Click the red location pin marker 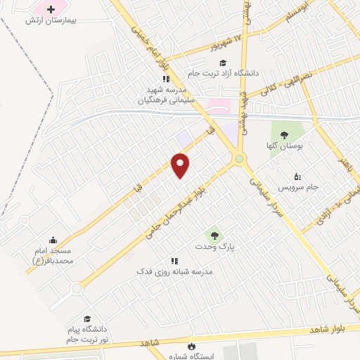click(x=181, y=165)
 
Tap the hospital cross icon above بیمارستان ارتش click(x=50, y=10)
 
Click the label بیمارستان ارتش click(x=50, y=21)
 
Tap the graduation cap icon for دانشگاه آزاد click(x=222, y=63)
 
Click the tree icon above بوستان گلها click(x=284, y=134)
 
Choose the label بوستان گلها click(x=284, y=146)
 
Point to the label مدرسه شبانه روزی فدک click(x=174, y=271)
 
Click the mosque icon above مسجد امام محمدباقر click(x=52, y=240)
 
